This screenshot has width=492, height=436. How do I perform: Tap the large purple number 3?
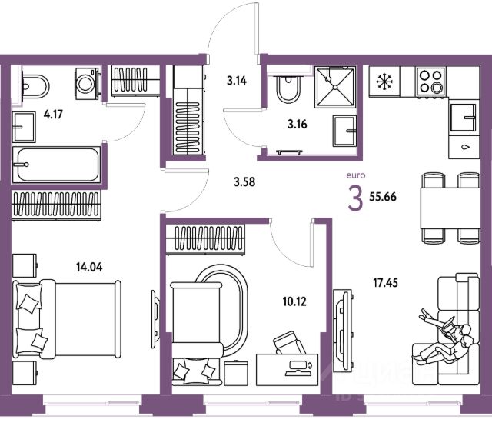coord(355,199)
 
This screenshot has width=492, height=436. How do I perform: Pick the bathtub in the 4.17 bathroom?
coord(56,163)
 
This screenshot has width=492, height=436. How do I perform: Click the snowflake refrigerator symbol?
coord(383,80)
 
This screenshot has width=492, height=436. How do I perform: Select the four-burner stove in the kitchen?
coord(430,80)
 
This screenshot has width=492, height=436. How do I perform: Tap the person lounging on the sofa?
coord(446,335)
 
